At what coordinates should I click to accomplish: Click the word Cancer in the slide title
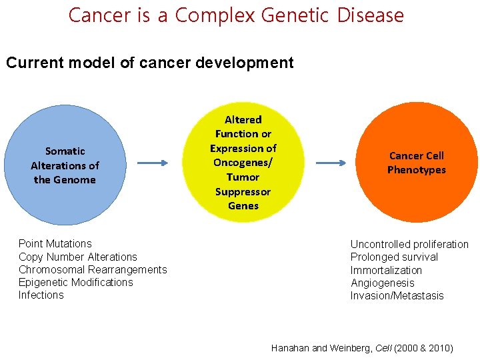(x=100, y=15)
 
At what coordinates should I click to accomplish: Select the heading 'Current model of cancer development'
(x=149, y=63)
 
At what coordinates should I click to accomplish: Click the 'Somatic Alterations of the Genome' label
(x=65, y=165)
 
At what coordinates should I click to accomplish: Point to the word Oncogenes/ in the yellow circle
(x=243, y=163)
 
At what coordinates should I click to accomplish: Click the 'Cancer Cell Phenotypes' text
(x=417, y=163)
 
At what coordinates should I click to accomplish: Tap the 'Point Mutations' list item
(x=55, y=244)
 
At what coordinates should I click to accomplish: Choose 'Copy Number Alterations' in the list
(x=78, y=257)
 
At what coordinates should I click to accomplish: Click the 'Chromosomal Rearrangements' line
(x=93, y=269)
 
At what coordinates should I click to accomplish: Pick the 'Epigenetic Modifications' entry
(x=76, y=282)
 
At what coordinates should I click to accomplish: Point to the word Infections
(x=41, y=295)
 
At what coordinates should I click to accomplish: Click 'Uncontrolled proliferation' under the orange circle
(x=409, y=244)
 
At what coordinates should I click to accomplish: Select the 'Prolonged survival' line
(x=394, y=257)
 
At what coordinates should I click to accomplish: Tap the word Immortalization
(x=386, y=270)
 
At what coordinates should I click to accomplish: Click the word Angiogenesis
(x=383, y=283)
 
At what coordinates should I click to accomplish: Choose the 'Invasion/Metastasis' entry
(x=397, y=295)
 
